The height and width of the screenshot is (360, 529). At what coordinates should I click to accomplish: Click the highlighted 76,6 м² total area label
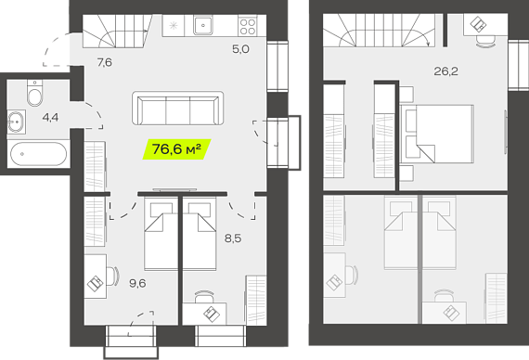coord(176,148)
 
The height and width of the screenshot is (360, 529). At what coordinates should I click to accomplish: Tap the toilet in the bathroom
coord(34,93)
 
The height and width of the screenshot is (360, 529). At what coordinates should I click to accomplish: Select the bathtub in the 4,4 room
coord(38,154)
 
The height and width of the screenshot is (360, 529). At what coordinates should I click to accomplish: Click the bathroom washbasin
coord(16,122)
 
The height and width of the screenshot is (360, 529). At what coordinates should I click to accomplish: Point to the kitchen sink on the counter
coord(202,25)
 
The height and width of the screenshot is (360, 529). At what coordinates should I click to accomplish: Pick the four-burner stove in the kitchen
coord(248,26)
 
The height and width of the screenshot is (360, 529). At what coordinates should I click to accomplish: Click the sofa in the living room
coord(178,108)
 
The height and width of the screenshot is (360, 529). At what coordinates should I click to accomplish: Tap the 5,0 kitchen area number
coord(240,49)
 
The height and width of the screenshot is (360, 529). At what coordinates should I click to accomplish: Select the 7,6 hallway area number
coord(105,62)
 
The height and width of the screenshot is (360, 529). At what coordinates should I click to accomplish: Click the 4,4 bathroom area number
coord(50,118)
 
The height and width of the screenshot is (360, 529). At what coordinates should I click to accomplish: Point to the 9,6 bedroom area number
coord(137,283)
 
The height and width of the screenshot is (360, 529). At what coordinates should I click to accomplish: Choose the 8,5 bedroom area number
coord(233,238)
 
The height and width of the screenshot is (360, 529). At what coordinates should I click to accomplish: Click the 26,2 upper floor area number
coord(445,71)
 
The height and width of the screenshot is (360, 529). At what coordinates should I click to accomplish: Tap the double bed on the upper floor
coord(436,134)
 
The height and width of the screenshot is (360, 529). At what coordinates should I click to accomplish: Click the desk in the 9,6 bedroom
coord(96,276)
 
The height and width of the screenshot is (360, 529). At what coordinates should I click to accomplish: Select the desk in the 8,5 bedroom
coord(204,314)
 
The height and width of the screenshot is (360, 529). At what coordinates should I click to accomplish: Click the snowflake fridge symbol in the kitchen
coord(174,25)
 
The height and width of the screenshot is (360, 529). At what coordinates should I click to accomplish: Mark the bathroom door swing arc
coord(93,115)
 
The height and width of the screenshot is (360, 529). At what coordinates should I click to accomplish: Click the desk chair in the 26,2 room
coord(486,42)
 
